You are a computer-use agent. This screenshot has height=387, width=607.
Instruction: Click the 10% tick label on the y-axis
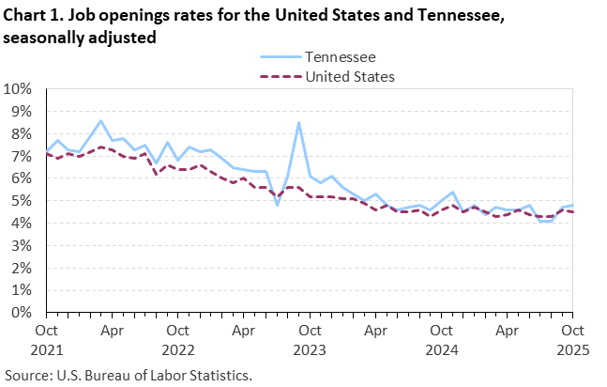point(18,89)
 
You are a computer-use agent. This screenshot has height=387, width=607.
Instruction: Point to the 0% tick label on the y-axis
point(22,313)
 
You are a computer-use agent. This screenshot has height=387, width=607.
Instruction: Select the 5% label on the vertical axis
point(22,201)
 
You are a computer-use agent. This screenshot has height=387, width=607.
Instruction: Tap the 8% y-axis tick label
point(22,134)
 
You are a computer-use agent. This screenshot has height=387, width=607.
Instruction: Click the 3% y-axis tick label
point(22,246)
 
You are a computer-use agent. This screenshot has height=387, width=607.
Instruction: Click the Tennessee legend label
point(341,58)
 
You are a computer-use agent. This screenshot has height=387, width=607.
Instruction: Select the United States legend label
point(350,76)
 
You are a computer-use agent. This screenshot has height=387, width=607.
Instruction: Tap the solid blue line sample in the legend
point(278,58)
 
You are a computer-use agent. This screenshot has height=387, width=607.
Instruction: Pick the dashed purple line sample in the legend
point(278,76)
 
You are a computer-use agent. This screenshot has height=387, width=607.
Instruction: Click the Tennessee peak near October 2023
point(298,122)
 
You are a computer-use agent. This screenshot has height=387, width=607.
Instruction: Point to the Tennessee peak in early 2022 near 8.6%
point(101,120)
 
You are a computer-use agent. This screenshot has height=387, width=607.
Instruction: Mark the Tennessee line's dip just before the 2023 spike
point(277,205)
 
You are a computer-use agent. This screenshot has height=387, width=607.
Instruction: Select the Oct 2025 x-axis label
point(571,339)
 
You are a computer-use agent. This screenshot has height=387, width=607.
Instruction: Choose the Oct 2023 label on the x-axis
point(309,339)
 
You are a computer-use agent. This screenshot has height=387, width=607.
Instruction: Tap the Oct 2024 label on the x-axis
point(440,339)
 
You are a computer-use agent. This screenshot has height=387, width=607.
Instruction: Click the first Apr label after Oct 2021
point(112,331)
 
